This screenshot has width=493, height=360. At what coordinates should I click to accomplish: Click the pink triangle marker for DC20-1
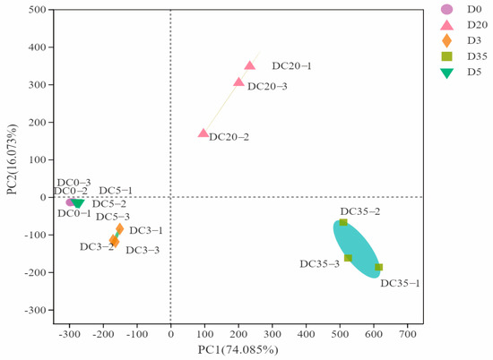250,65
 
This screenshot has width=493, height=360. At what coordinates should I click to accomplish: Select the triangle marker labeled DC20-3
239,81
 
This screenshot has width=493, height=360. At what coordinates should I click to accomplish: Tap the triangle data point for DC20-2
203,133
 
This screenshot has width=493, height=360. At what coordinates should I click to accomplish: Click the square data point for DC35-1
378,267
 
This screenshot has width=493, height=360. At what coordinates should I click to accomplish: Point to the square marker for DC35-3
348,258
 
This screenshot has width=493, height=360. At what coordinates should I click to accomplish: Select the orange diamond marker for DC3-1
120,228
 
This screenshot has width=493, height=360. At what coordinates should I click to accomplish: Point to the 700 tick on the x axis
408,334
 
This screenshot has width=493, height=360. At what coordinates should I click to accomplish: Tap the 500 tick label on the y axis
37,10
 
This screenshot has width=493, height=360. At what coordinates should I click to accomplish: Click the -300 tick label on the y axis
33,310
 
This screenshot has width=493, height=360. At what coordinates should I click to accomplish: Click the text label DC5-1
116,191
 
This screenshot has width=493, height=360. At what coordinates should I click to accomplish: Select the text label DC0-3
74,182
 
